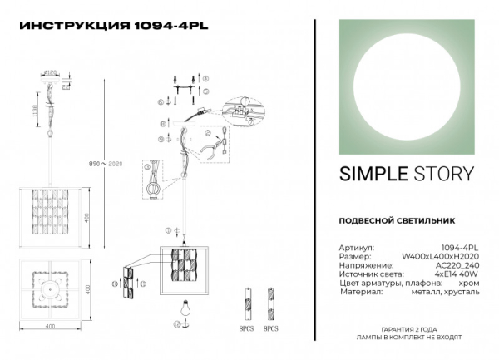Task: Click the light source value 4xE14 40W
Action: pos(455,275)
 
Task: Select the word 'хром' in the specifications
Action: pos(467,284)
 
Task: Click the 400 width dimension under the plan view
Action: pos(50,327)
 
